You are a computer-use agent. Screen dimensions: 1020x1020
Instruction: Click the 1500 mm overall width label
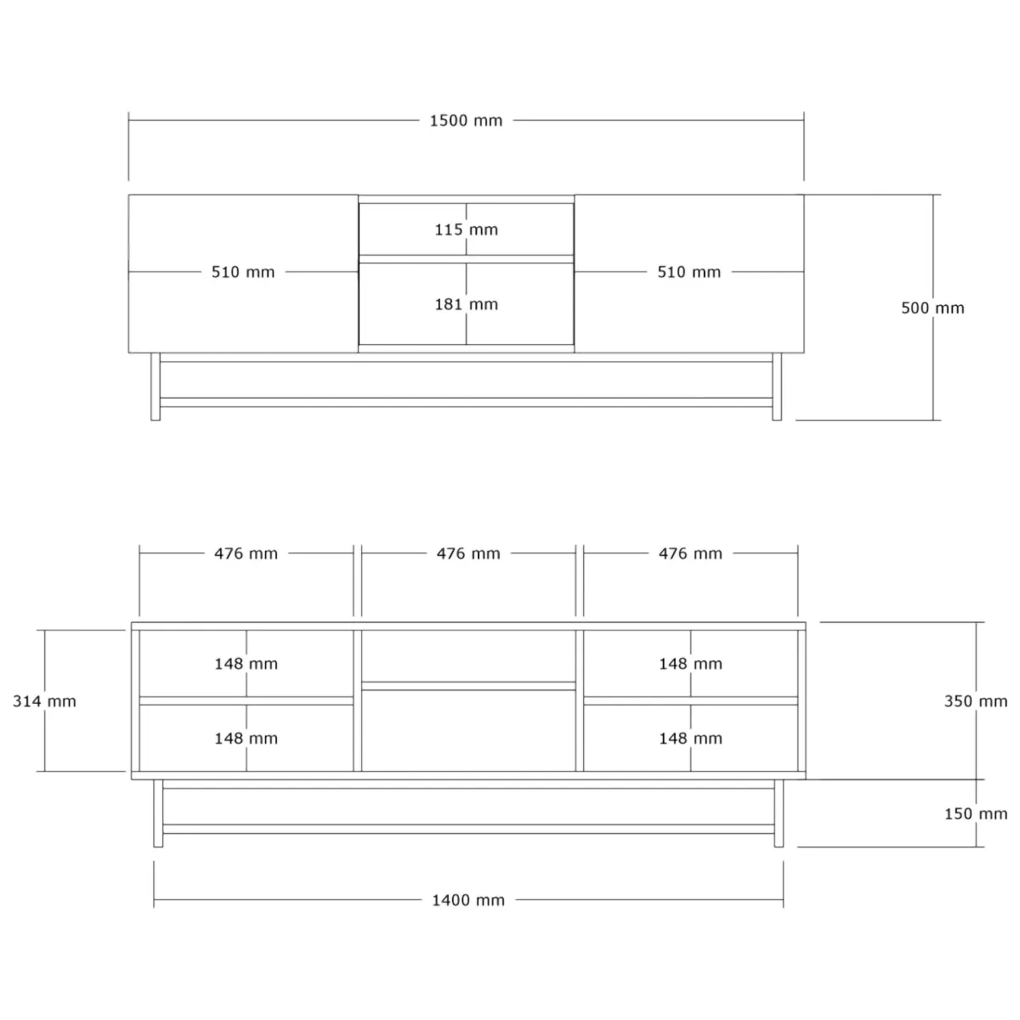pyautogui.click(x=466, y=121)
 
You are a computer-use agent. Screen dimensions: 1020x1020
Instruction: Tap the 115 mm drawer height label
pyautogui.click(x=467, y=229)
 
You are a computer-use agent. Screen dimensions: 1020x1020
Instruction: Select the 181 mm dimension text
pyautogui.click(x=467, y=304)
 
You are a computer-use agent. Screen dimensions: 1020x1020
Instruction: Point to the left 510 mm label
pyautogui.click(x=243, y=272)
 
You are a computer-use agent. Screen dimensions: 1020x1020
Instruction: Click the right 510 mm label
pyautogui.click(x=689, y=272)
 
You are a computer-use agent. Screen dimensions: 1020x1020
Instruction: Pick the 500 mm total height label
pyautogui.click(x=932, y=308)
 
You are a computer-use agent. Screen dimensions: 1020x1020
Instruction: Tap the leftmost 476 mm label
pyautogui.click(x=246, y=553)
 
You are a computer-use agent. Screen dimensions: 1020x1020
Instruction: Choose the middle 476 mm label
pyautogui.click(x=468, y=553)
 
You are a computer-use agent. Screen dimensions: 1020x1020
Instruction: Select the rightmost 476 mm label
pyautogui.click(x=690, y=553)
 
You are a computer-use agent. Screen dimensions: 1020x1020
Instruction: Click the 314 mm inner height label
pyautogui.click(x=44, y=701)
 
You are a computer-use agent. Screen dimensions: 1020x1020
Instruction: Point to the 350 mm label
pyautogui.click(x=976, y=701)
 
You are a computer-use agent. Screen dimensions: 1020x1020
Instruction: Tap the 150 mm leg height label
pyautogui.click(x=976, y=813)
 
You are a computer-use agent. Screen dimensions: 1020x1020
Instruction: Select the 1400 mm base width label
pyautogui.click(x=468, y=900)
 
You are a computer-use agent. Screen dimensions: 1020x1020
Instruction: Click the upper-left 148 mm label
pyautogui.click(x=246, y=664)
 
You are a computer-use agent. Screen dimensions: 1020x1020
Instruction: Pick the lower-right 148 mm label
pyautogui.click(x=691, y=739)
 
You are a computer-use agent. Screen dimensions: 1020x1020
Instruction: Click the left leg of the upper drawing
pyautogui.click(x=155, y=387)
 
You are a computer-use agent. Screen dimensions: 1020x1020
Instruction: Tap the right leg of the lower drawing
pyautogui.click(x=779, y=813)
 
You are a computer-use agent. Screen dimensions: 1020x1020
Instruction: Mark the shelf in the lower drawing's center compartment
pyautogui.click(x=468, y=686)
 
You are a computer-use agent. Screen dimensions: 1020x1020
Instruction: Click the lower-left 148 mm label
pyautogui.click(x=246, y=739)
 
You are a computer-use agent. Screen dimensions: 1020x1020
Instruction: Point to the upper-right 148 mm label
pyautogui.click(x=691, y=664)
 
